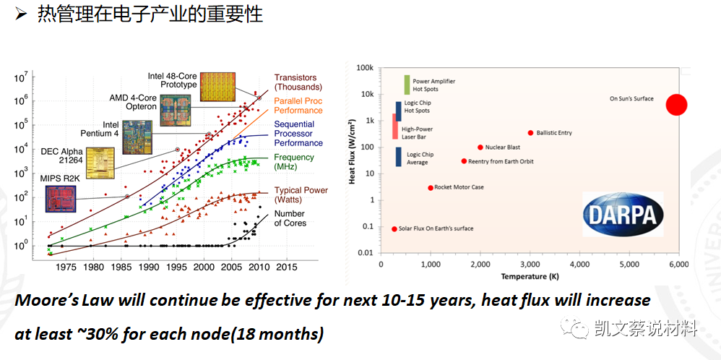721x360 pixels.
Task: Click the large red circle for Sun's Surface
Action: [x=676, y=105]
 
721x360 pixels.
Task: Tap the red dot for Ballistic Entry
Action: [x=530, y=133]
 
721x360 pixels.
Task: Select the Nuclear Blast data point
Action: [x=480, y=147]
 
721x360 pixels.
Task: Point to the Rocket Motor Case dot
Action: [x=431, y=188]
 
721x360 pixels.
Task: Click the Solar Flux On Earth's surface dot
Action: [x=394, y=229]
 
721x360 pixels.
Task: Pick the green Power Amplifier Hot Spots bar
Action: [x=407, y=85]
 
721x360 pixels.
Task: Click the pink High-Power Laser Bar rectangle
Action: [x=394, y=126]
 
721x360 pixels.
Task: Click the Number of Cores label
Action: [x=290, y=218]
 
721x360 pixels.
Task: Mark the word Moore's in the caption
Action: [x=48, y=300]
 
